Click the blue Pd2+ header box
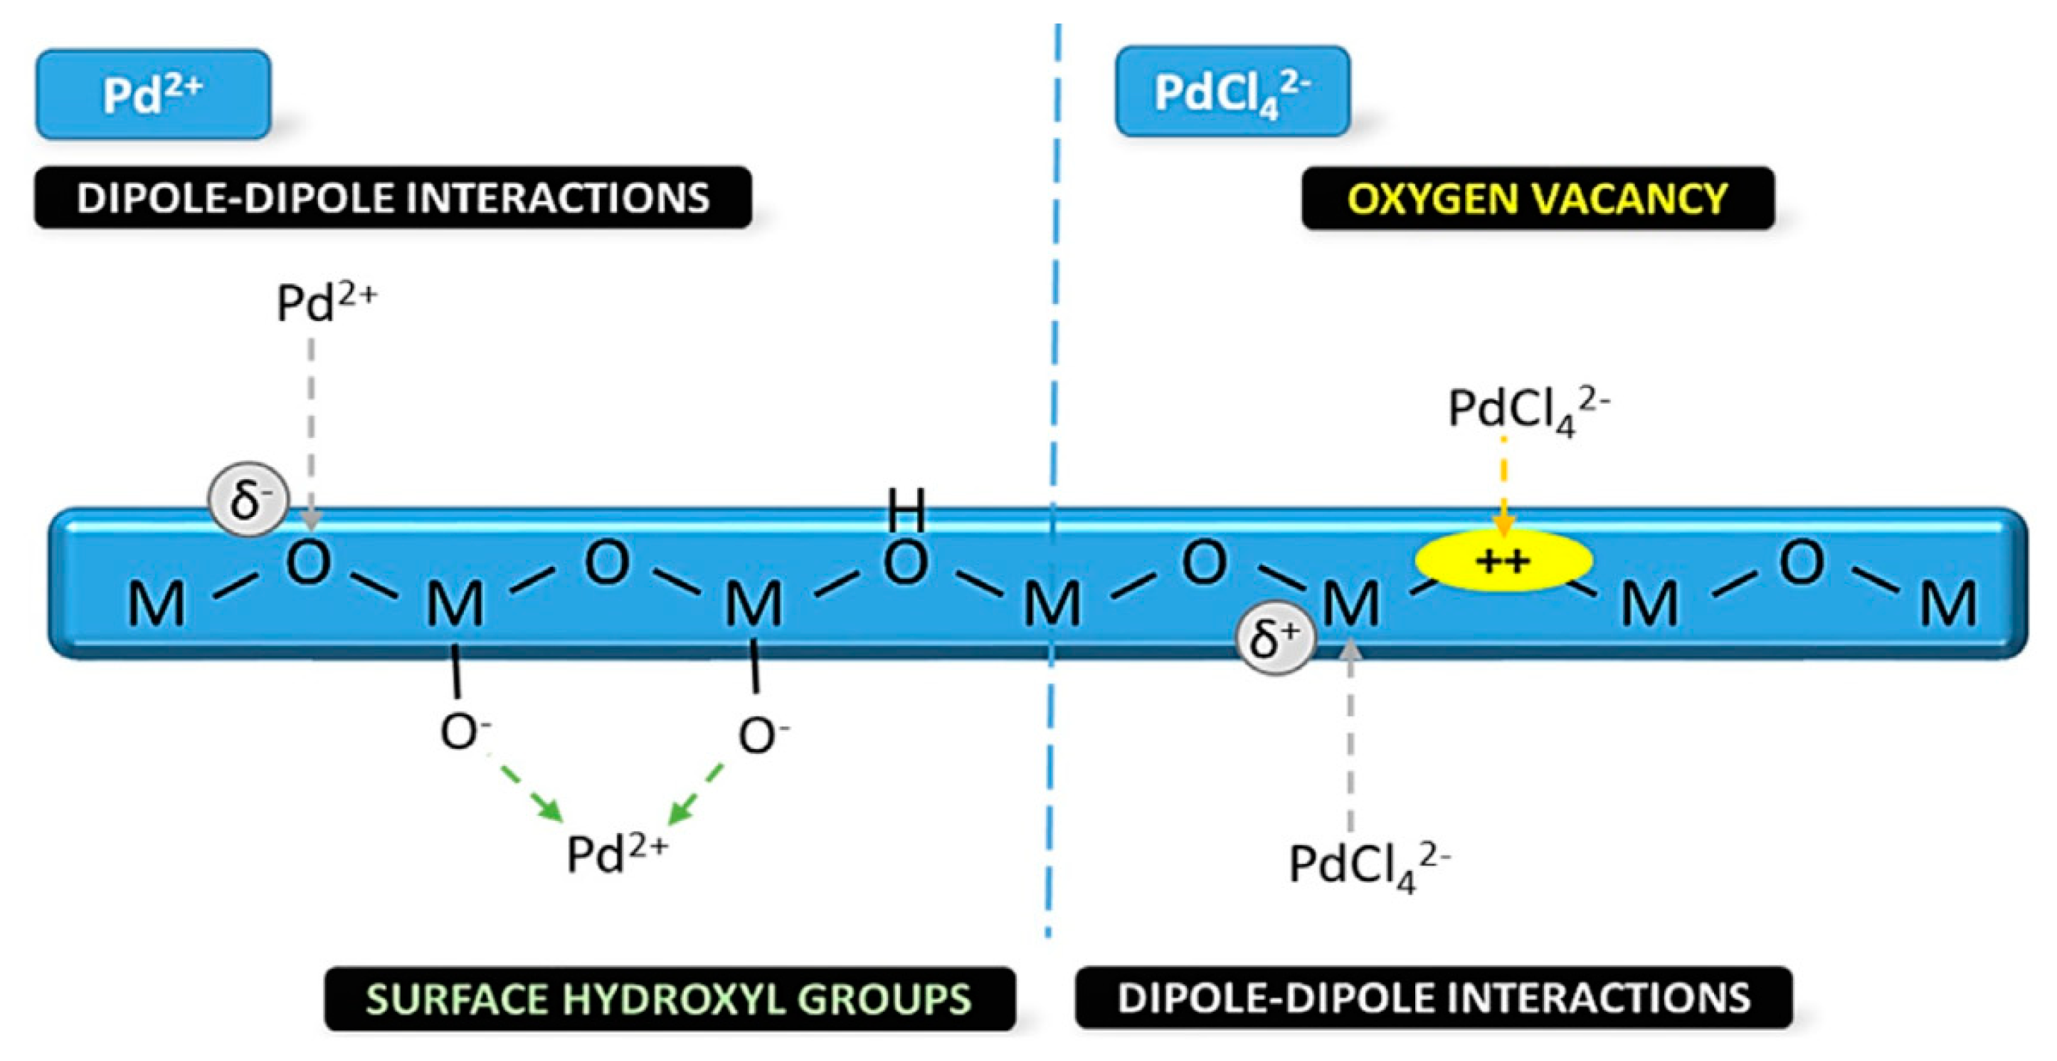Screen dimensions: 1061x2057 click(x=153, y=94)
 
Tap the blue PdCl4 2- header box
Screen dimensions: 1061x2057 click(x=1232, y=92)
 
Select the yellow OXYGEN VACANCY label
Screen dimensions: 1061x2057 click(x=1537, y=198)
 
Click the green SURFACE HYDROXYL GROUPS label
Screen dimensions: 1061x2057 click(x=669, y=998)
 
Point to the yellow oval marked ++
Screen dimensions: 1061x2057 click(x=1503, y=561)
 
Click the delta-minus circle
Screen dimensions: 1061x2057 click(x=248, y=500)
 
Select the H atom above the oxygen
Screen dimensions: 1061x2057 click(x=906, y=509)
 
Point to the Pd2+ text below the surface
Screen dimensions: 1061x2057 click(x=615, y=854)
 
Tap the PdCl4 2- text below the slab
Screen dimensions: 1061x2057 click(x=1368, y=865)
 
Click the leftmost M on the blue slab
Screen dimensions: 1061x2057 click(x=157, y=604)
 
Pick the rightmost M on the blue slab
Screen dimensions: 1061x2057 click(x=1948, y=604)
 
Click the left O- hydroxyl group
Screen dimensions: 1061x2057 click(x=464, y=731)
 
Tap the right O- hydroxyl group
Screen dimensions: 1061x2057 click(x=762, y=734)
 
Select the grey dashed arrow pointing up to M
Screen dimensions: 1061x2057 click(x=1350, y=735)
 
